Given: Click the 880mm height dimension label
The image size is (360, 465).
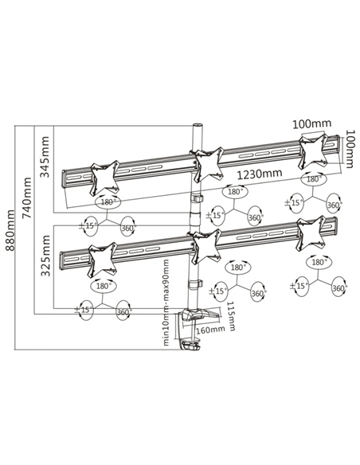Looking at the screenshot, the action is click(10, 230).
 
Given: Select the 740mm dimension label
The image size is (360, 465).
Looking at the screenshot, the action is click(27, 197).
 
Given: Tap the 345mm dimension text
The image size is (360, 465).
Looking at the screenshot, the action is click(45, 157).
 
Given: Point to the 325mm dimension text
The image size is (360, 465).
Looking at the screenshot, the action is click(45, 256).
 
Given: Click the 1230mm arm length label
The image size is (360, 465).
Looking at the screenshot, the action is click(260, 174).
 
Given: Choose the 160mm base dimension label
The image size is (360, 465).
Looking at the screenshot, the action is click(210, 329).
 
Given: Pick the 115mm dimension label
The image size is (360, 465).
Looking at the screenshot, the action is click(231, 316).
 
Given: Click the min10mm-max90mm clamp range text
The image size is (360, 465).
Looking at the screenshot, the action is click(166, 303).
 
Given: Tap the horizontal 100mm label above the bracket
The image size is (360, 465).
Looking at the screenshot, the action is click(312, 123).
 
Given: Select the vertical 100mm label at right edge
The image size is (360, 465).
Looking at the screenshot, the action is click(350, 149).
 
